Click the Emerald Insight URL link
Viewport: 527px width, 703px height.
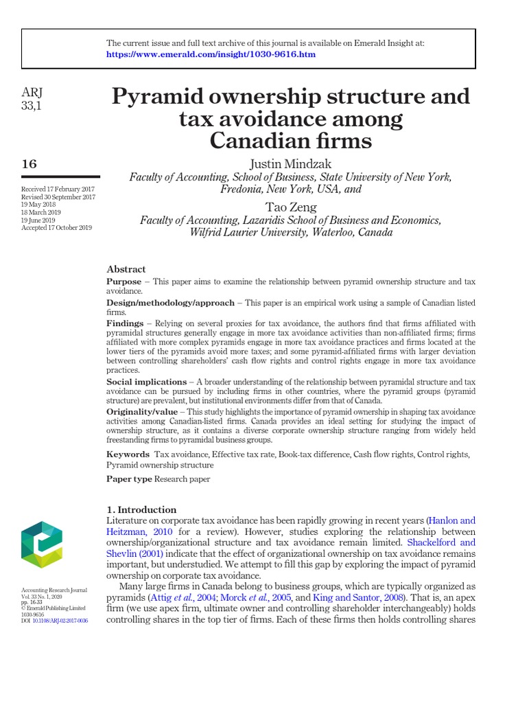tap(211, 54)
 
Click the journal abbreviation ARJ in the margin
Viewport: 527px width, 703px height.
tap(32, 93)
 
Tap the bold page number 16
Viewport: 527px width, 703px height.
tap(30, 163)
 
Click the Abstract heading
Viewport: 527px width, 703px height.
tap(126, 269)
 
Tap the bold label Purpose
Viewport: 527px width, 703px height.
tap(124, 282)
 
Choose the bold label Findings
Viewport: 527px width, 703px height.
tap(125, 323)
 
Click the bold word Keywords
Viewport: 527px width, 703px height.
tap(128, 454)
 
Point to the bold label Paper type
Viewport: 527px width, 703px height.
tap(129, 479)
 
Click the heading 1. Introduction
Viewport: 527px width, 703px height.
tap(142, 509)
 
